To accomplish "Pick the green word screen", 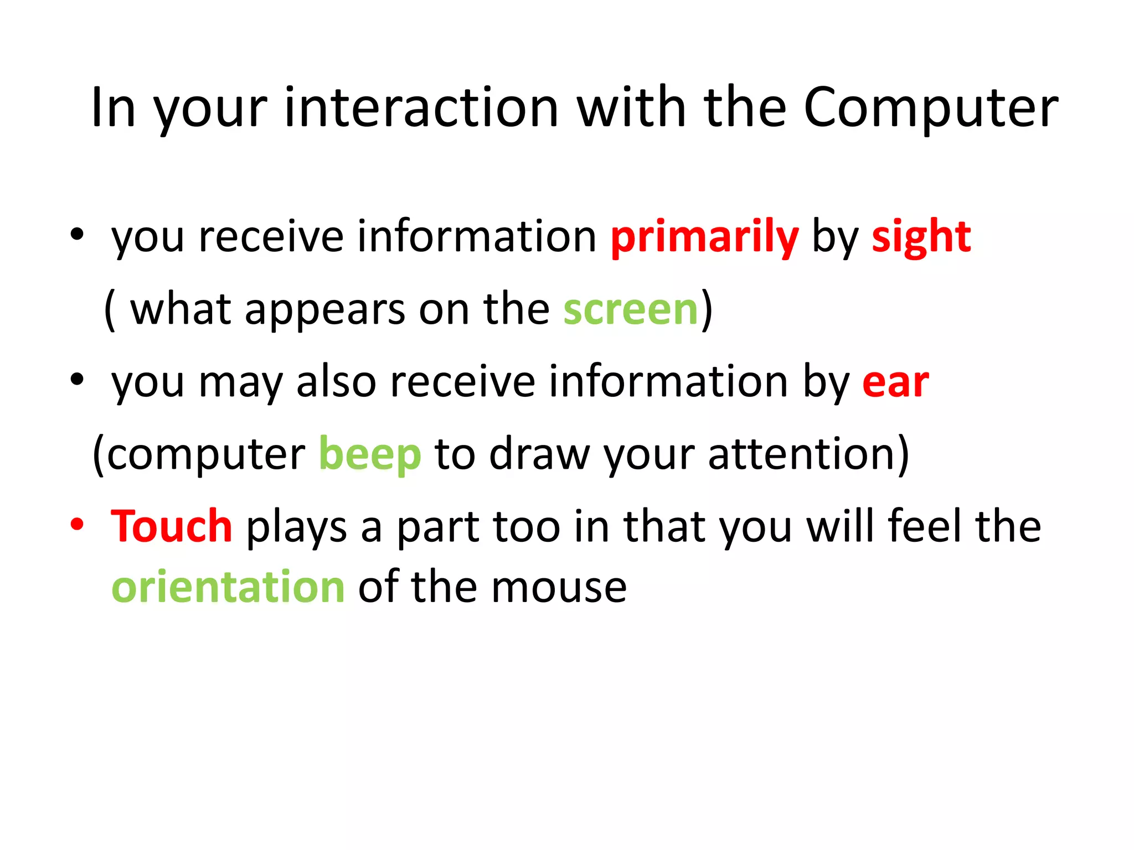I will point(630,310).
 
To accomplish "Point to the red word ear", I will point(895,382).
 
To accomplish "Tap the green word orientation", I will point(228,587).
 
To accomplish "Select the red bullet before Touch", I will point(77,524).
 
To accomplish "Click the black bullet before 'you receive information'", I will point(77,234).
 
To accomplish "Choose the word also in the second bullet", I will point(337,382).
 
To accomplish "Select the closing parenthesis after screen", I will point(707,310).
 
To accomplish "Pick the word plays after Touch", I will point(296,527).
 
